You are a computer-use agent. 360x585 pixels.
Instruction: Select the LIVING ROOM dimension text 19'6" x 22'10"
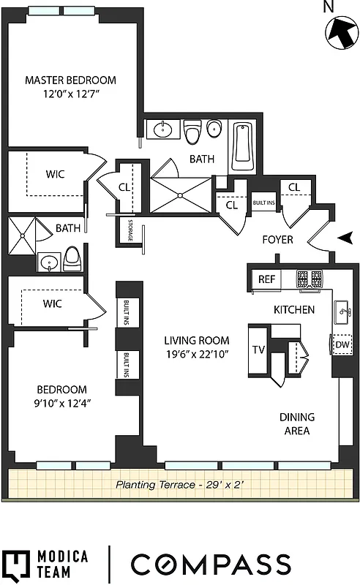pos(197,355)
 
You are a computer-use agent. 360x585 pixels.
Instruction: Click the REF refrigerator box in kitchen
pos(266,279)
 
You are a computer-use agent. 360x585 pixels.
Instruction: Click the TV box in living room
pos(258,350)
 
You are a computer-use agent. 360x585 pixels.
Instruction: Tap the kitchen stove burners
pos(310,279)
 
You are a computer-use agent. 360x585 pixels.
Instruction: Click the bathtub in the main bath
pos(241,146)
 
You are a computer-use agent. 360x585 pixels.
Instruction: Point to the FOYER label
pos(278,239)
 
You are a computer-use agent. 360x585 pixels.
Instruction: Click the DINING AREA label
pos(296,423)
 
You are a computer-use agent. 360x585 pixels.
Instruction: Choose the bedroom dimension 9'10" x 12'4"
pos(62,403)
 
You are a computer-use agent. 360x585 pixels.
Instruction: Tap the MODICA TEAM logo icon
pos(15,565)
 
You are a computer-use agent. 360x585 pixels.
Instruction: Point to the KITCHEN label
pos(294,309)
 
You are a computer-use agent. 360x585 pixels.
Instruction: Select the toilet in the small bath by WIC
pos(72,257)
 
